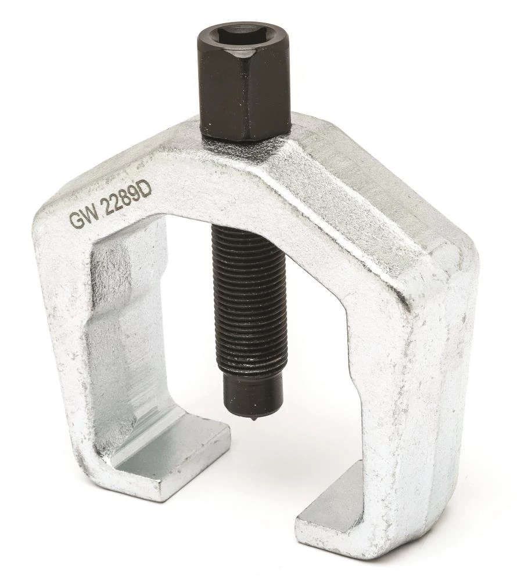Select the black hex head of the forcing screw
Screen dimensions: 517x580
[x=243, y=82]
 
